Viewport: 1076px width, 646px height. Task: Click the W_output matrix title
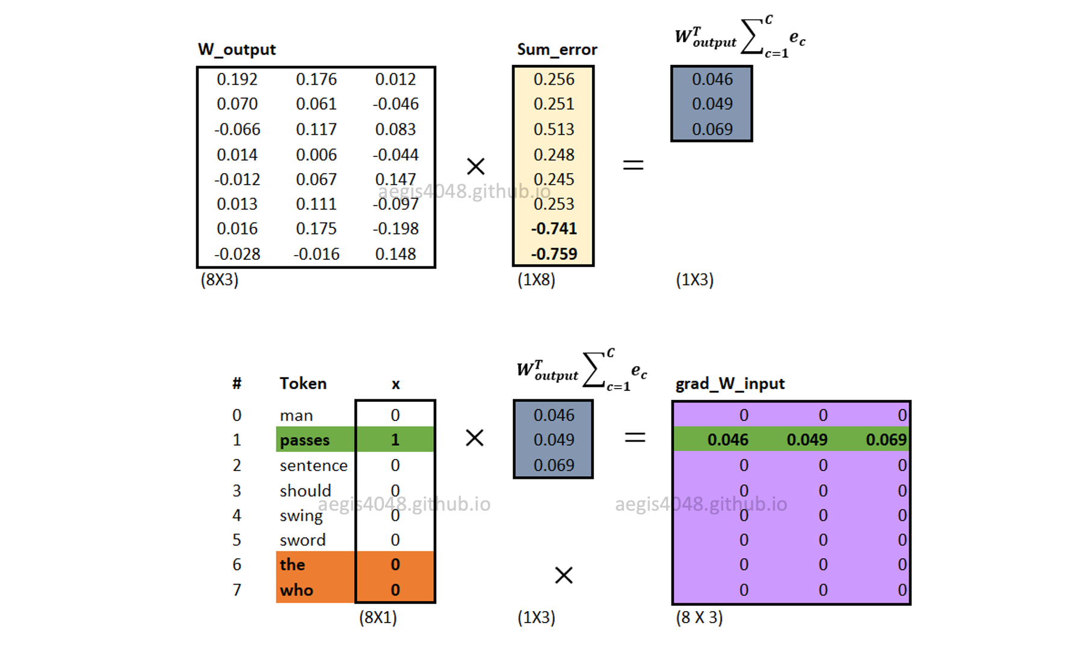(237, 49)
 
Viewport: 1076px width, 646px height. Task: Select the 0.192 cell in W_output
(237, 79)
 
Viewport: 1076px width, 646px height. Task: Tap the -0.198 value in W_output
(395, 229)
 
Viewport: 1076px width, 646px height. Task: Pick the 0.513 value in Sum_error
(554, 129)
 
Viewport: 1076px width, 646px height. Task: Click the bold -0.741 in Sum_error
(554, 229)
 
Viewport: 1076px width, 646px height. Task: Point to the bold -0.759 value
(554, 254)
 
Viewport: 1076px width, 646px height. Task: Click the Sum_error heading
(557, 49)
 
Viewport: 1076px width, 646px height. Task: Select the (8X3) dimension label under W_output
(220, 280)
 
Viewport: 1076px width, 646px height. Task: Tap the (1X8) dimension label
(536, 280)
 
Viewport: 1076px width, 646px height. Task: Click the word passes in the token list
(305, 440)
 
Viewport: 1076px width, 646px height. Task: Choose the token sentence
(314, 466)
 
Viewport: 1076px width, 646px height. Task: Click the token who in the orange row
(296, 590)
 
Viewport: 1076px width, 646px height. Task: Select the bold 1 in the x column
(395, 440)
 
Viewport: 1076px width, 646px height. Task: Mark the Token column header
(303, 384)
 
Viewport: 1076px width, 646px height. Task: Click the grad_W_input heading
(730, 384)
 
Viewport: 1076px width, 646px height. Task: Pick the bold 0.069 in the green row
(886, 440)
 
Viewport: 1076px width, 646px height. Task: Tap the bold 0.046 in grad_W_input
(728, 440)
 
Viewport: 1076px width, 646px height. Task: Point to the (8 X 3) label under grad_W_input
(699, 618)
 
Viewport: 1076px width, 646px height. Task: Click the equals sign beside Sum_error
(633, 165)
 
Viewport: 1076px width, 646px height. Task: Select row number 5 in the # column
(237, 540)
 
